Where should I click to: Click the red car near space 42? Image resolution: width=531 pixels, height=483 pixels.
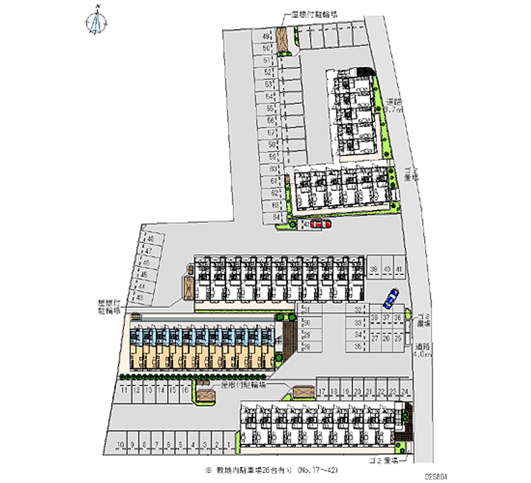tap(321, 225)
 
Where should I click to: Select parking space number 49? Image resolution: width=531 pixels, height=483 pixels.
tap(265, 37)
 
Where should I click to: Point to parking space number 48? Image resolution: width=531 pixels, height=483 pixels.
tap(151, 239)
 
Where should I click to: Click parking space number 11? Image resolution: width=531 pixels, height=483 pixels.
tap(124, 391)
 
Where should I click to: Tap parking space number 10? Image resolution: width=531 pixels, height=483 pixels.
tap(119, 444)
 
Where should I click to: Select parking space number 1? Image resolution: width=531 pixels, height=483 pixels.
tap(228, 444)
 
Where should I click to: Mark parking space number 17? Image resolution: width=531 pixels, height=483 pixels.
tap(322, 391)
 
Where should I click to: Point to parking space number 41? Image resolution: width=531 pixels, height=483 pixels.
tap(398, 268)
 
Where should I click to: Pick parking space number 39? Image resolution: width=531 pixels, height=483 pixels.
tap(374, 268)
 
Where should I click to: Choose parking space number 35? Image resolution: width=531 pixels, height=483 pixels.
tap(358, 346)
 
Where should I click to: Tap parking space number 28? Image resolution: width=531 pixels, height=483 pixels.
tap(307, 346)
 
